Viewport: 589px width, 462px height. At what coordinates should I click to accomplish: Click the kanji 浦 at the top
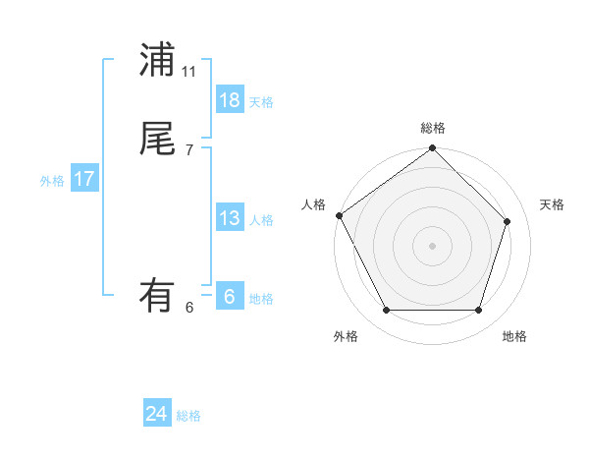(x=156, y=60)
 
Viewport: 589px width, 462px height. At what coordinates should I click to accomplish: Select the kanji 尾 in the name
(x=156, y=139)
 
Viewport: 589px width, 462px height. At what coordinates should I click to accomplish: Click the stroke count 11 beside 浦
(x=189, y=72)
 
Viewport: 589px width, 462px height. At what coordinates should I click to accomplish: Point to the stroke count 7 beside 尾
(x=189, y=150)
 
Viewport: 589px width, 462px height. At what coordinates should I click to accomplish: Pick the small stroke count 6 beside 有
(x=189, y=308)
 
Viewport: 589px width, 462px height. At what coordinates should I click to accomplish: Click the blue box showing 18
(x=230, y=100)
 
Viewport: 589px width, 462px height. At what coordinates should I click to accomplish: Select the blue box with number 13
(x=230, y=218)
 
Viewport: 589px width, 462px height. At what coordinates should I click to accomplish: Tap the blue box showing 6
(x=230, y=297)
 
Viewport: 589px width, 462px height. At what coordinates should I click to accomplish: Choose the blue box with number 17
(x=84, y=179)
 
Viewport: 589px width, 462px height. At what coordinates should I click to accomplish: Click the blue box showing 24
(x=157, y=415)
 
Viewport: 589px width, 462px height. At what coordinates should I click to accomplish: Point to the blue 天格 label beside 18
(x=261, y=102)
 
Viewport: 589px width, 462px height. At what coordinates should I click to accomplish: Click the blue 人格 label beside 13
(x=261, y=220)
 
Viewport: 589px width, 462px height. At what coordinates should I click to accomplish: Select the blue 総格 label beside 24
(x=188, y=417)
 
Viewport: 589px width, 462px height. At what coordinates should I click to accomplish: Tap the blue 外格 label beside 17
(x=52, y=181)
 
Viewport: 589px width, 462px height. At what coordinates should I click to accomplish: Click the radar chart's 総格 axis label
(x=433, y=128)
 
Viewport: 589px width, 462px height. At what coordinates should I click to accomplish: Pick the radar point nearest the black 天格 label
(x=508, y=221)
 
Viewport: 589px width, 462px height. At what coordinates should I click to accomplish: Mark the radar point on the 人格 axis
(x=339, y=215)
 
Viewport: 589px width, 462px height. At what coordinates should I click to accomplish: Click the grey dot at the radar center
(x=432, y=246)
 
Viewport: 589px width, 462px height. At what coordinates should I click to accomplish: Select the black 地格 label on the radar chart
(x=514, y=336)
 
